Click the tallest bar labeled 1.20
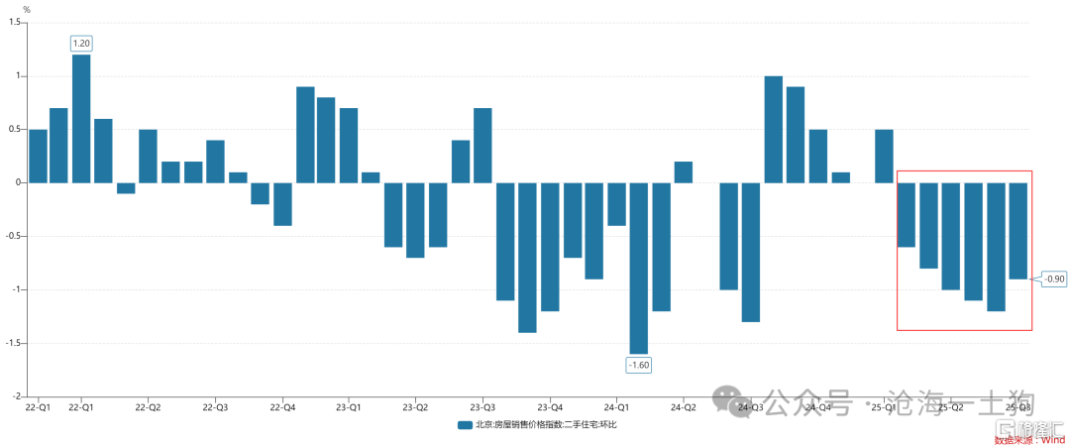[x=81, y=119]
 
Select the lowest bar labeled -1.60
[x=639, y=268]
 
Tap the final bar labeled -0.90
[x=1017, y=231]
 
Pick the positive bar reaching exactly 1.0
[x=774, y=129]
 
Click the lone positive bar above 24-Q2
[x=684, y=172]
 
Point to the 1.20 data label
[x=81, y=44]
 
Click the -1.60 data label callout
[x=639, y=365]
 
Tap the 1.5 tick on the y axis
[x=14, y=23]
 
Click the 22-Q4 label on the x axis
[x=282, y=406]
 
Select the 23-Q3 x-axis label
[x=482, y=406]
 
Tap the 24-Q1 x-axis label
[x=616, y=406]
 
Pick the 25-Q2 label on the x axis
[x=951, y=406]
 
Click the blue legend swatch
[x=464, y=425]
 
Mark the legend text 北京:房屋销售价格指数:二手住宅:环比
[x=546, y=425]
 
